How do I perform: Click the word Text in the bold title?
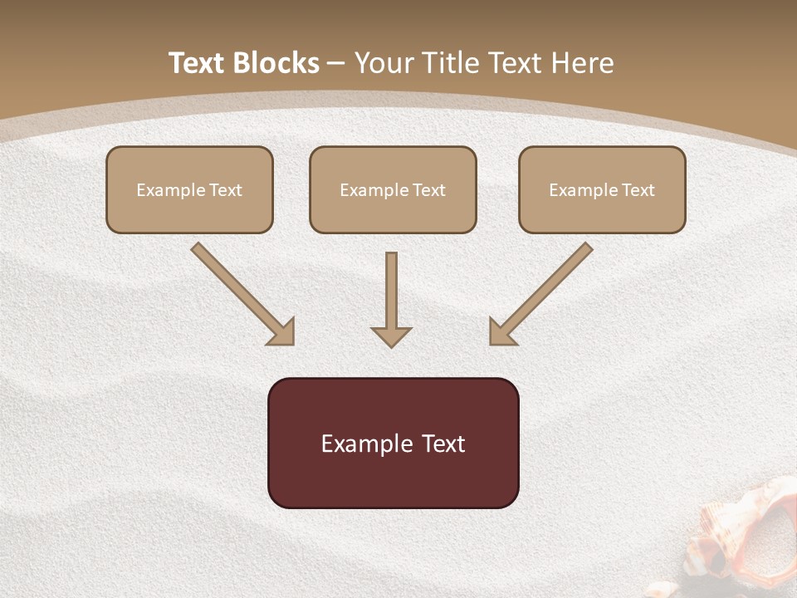tap(198, 63)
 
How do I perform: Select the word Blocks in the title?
tap(276, 63)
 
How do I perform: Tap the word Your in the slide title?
tap(384, 63)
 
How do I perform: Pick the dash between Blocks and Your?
tap(337, 64)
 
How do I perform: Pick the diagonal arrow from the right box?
tap(541, 293)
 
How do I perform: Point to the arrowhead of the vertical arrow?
tap(391, 336)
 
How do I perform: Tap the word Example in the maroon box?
tap(366, 444)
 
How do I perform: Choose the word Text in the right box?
tap(638, 190)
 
